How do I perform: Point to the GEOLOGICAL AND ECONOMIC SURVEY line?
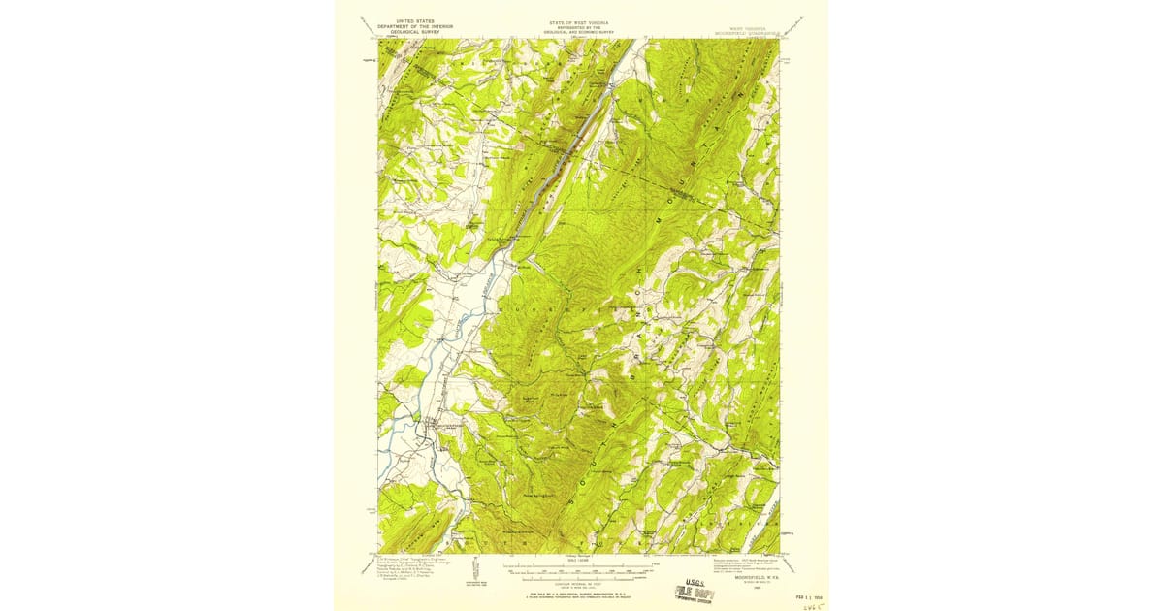pyautogui.click(x=580, y=32)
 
